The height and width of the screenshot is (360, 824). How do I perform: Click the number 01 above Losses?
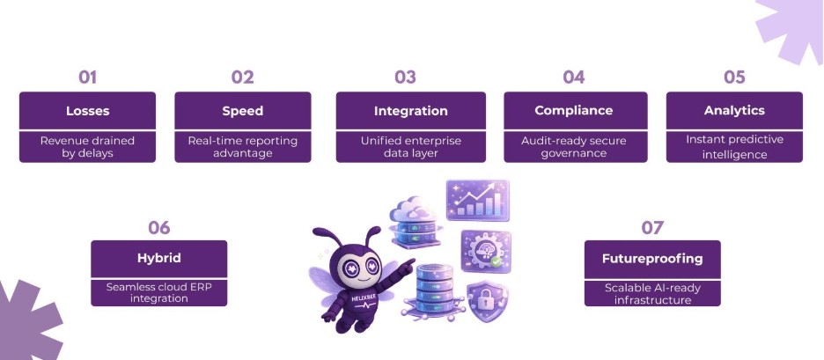click(x=87, y=77)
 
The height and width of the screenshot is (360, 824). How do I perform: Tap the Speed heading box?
click(x=242, y=111)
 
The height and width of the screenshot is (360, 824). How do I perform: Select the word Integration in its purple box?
click(x=410, y=111)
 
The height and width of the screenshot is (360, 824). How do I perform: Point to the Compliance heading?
click(x=575, y=111)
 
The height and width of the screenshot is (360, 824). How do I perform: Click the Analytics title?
click(x=734, y=111)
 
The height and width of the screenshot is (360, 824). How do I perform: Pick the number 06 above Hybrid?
click(x=158, y=227)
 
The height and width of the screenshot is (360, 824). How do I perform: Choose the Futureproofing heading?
click(x=652, y=259)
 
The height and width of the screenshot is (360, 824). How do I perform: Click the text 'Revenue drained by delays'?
click(x=87, y=146)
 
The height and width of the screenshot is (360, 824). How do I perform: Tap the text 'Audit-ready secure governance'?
click(x=575, y=146)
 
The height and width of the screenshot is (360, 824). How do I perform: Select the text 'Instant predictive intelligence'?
click(x=734, y=147)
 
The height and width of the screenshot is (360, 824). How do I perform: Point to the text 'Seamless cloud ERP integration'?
click(x=159, y=292)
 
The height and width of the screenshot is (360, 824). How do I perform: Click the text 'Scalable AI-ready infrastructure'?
click(x=652, y=293)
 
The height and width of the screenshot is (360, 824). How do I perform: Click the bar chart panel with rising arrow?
click(x=477, y=199)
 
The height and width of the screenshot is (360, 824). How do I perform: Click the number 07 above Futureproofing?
click(x=652, y=228)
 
